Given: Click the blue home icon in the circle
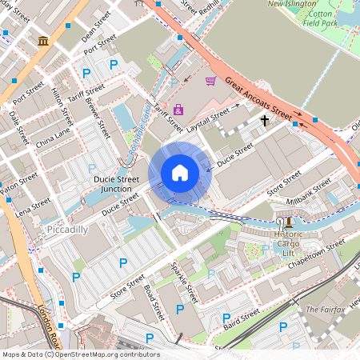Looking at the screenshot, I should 180,172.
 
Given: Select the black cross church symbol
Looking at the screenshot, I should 264,121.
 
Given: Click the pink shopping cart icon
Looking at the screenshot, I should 210,80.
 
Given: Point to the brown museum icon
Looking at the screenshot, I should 42,40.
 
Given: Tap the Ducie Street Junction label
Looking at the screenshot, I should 117,184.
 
